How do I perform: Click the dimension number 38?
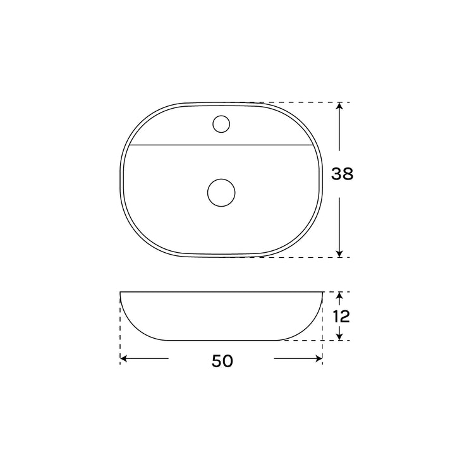[x=342, y=174]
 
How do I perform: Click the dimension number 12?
[x=341, y=317]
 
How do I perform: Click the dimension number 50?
[x=222, y=361]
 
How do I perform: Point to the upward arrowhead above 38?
[x=339, y=106]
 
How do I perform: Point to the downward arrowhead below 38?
[x=339, y=254]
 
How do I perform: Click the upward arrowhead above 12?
[x=339, y=295]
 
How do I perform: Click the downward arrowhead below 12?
[x=339, y=336]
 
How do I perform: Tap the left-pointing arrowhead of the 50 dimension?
[x=124, y=359]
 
